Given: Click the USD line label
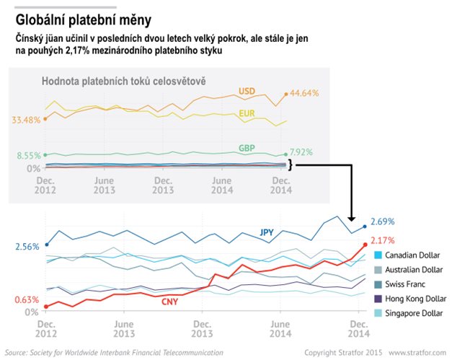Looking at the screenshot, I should (247, 91).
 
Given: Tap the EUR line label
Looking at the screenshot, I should (246, 115).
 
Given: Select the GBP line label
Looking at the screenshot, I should (247, 148).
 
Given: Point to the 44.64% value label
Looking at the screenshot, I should (303, 93).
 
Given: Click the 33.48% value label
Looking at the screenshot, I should (26, 120).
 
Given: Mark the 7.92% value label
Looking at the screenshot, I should (303, 152).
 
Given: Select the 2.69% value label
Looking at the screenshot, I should (382, 221).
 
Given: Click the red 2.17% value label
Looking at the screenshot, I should (382, 240).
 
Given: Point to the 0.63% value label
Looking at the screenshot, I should (27, 299).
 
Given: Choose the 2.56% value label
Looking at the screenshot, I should (27, 247).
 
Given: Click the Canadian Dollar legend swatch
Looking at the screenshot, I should (379, 255).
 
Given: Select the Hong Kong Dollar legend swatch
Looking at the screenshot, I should (379, 298).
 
